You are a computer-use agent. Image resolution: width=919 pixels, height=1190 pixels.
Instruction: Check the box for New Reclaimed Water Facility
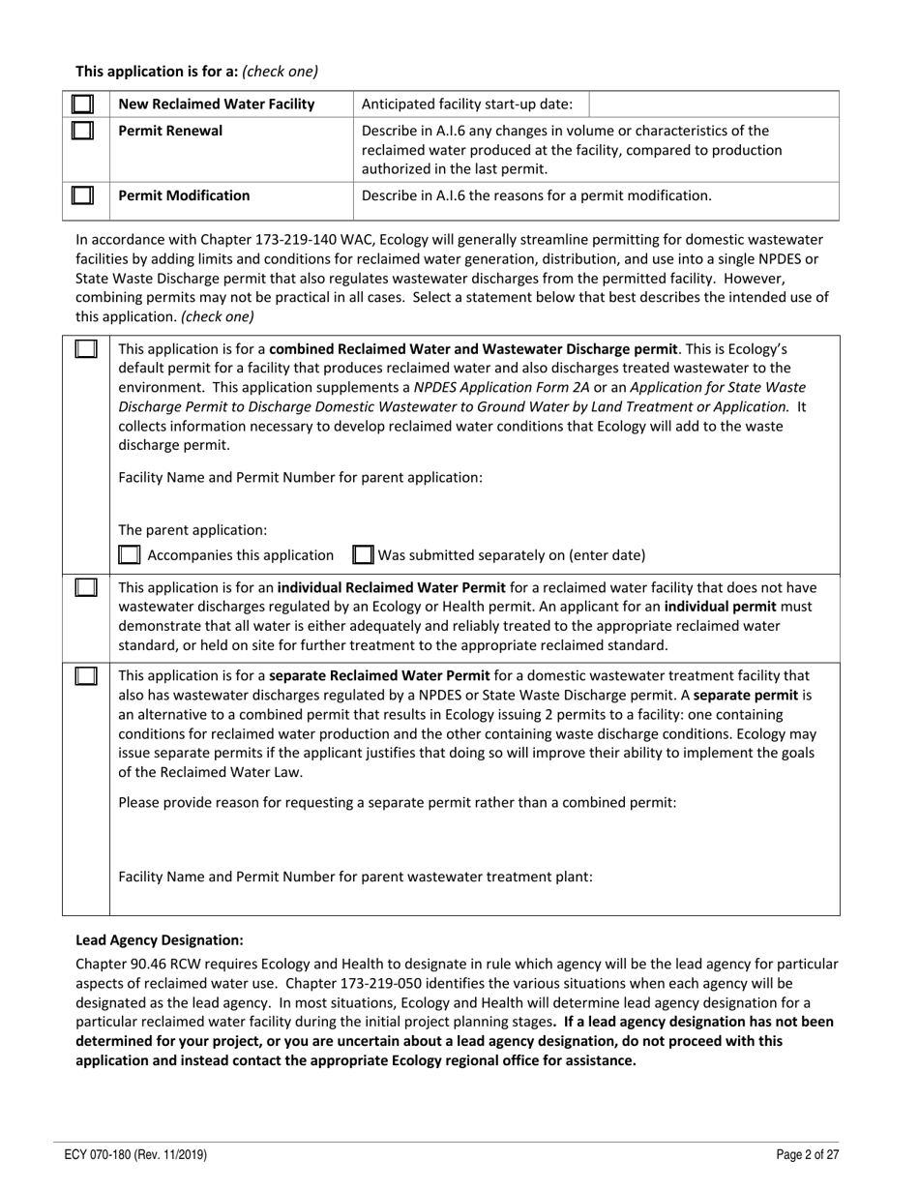pyautogui.click(x=84, y=104)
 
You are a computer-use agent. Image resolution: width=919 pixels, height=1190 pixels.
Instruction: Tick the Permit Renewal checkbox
pyautogui.click(x=84, y=130)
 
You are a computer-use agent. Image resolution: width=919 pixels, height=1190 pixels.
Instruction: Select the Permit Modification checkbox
pyautogui.click(x=84, y=195)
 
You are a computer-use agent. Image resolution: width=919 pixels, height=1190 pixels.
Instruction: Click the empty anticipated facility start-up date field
pyautogui.click(x=713, y=104)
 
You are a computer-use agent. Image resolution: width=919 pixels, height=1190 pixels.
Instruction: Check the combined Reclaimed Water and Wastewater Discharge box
pyautogui.click(x=85, y=347)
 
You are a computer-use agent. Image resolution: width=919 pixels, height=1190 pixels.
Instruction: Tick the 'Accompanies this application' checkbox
pyautogui.click(x=129, y=555)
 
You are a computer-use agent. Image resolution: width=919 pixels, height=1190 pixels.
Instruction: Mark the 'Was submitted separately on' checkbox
pyautogui.click(x=363, y=555)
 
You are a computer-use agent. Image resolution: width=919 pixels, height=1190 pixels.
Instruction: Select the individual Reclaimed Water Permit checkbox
pyautogui.click(x=85, y=587)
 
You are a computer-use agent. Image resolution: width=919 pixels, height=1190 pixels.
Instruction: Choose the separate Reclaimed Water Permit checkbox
pyautogui.click(x=85, y=674)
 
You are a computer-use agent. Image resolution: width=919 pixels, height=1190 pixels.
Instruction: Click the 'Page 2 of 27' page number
pyautogui.click(x=808, y=1154)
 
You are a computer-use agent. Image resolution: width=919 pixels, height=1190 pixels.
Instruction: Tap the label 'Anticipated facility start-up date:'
pyautogui.click(x=466, y=104)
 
